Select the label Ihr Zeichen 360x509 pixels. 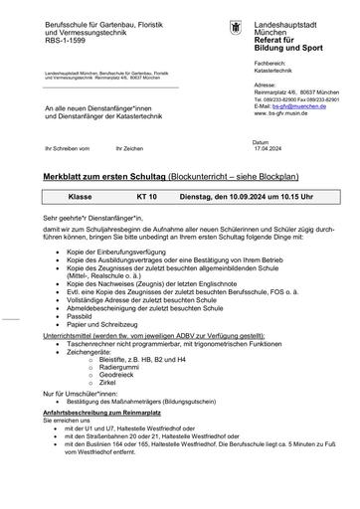coord(129,147)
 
